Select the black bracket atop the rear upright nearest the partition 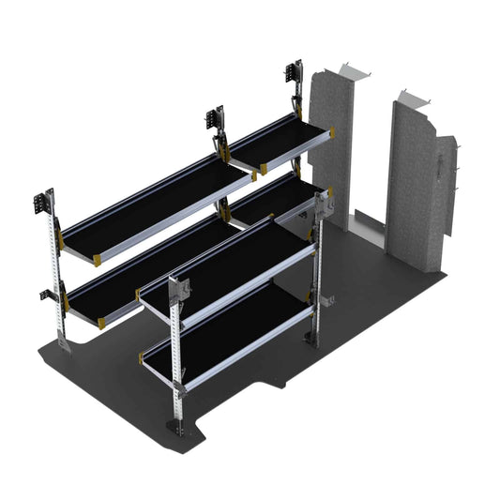click(x=294, y=75)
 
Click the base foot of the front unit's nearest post click(x=175, y=428)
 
